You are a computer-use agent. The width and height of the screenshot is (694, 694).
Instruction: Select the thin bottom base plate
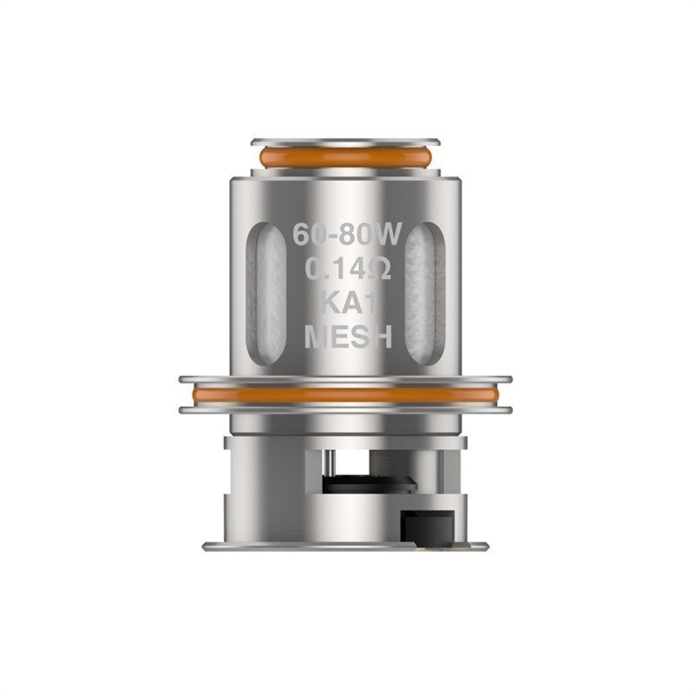345,547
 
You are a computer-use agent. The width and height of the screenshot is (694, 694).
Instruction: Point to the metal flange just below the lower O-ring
345,409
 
